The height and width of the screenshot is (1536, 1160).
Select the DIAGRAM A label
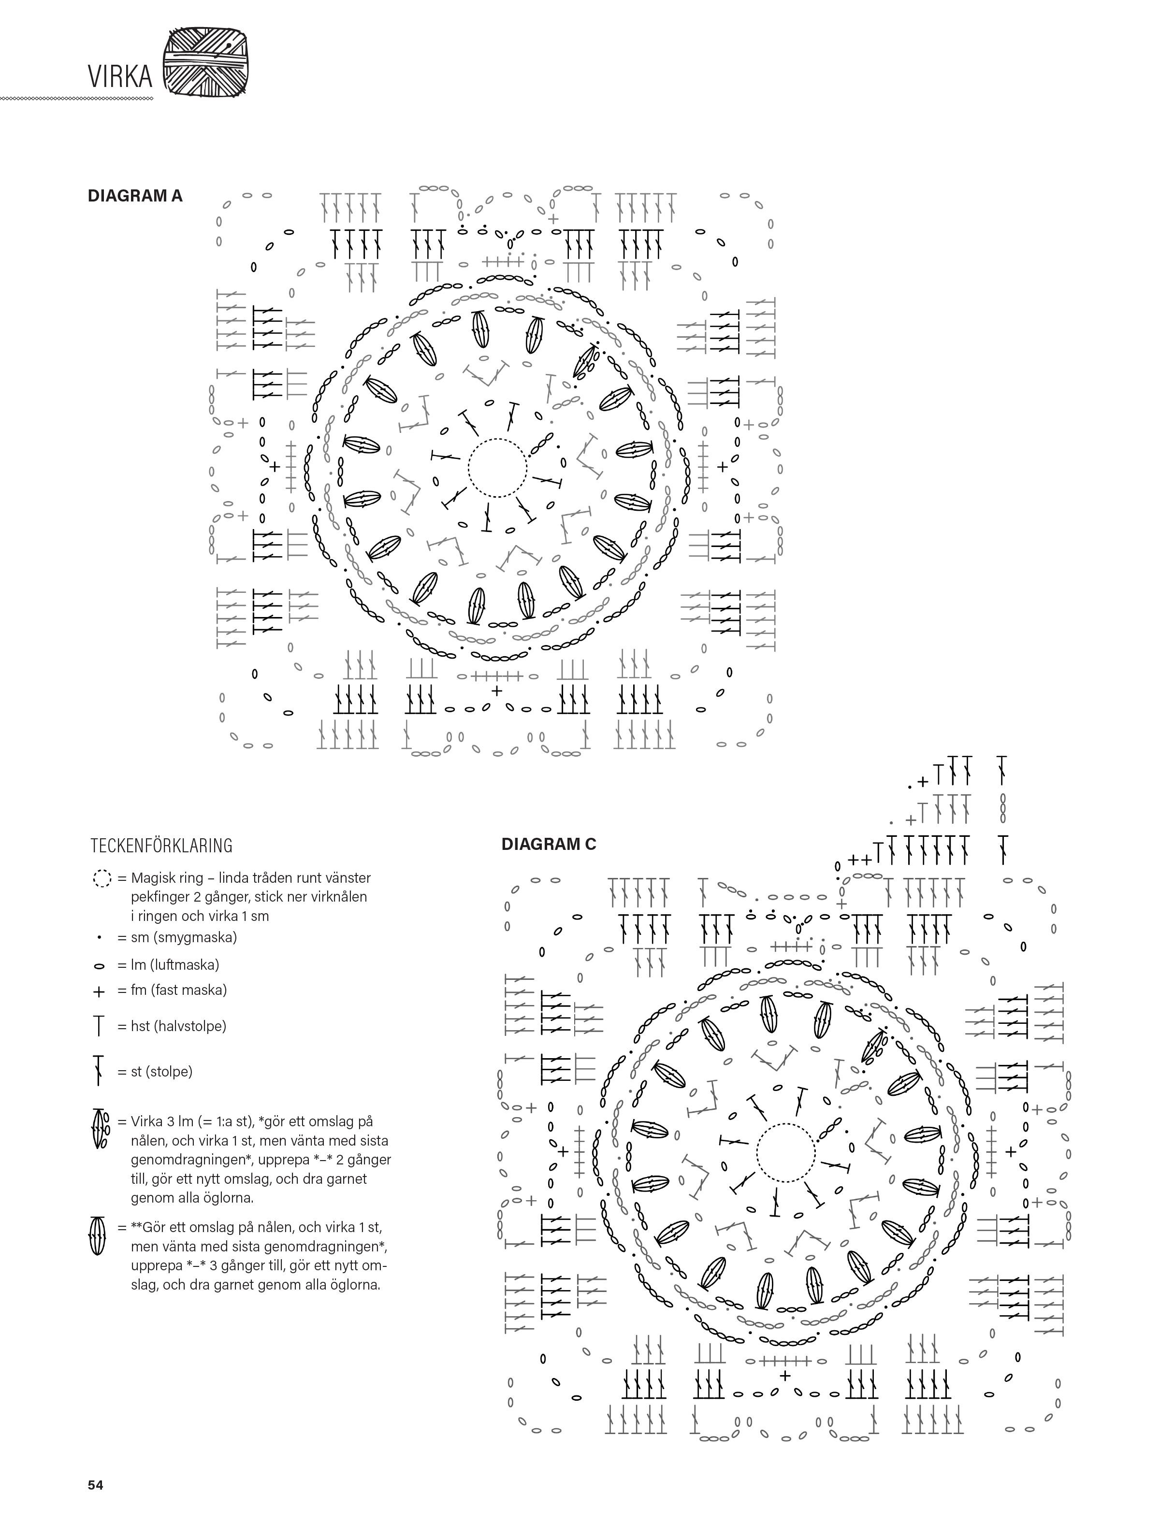[x=135, y=196]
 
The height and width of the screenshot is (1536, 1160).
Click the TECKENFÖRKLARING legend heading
[x=161, y=845]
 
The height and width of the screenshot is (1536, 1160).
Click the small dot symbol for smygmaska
[x=100, y=937]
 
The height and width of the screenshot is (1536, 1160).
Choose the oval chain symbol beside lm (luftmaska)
[x=100, y=966]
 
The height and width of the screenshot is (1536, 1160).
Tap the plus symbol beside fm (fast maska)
[x=100, y=991]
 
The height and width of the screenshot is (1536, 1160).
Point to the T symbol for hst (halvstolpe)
[x=100, y=1026]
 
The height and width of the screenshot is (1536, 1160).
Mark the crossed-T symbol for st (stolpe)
[x=100, y=1070]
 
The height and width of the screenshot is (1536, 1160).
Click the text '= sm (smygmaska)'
[x=177, y=937]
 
